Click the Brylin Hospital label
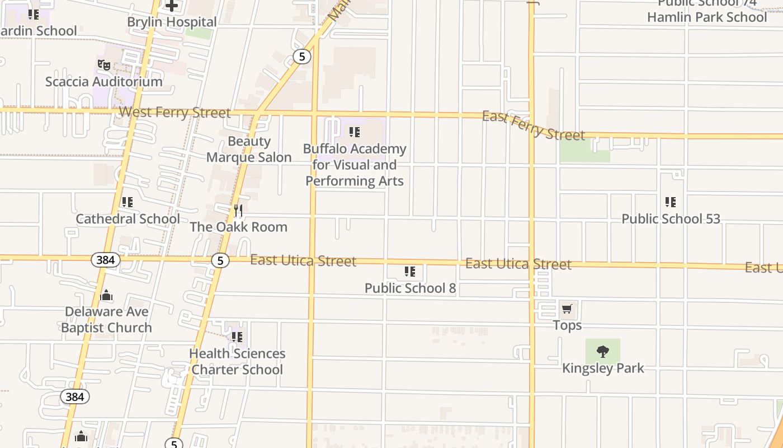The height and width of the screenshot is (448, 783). click(172, 22)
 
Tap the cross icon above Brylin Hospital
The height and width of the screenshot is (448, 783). click(172, 6)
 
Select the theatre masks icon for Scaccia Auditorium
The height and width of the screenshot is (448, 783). click(104, 65)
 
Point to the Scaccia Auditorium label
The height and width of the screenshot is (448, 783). click(104, 82)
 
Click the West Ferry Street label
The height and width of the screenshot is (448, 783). click(174, 113)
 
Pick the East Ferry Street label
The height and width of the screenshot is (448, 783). click(533, 125)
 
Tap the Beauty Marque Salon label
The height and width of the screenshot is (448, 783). click(249, 150)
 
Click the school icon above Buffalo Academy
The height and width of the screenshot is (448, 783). click(354, 132)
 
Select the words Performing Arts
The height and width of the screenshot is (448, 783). click(355, 181)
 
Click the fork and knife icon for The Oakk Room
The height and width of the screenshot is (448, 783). click(238, 211)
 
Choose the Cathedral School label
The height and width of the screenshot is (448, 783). click(128, 219)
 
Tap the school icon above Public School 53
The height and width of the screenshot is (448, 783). click(671, 202)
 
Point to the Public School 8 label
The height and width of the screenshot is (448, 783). click(410, 288)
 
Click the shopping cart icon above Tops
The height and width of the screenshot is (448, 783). click(567, 309)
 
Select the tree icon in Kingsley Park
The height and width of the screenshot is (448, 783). click(602, 352)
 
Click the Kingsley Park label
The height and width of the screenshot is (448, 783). click(603, 368)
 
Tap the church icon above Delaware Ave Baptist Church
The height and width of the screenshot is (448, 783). click(106, 296)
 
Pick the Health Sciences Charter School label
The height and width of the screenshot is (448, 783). click(237, 362)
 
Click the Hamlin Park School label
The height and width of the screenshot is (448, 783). click(707, 17)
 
